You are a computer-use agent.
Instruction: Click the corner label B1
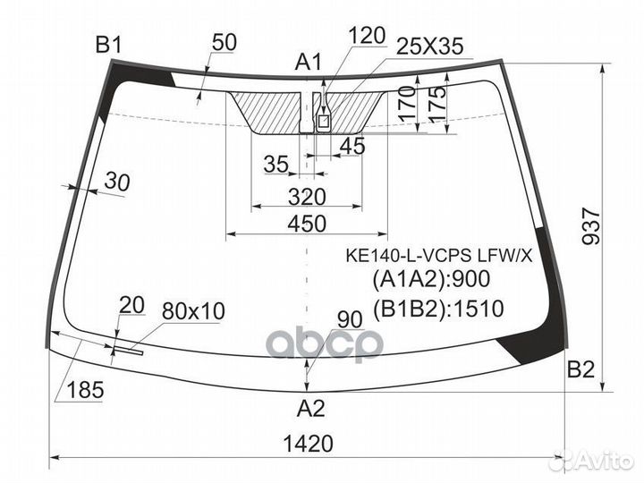point(108,45)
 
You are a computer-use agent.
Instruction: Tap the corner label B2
point(580,369)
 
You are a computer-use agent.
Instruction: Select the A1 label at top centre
point(309,63)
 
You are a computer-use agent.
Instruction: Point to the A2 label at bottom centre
point(311,408)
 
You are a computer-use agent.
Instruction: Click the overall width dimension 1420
point(308,444)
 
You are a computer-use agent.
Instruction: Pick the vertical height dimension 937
point(591,225)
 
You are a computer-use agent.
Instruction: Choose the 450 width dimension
point(307,224)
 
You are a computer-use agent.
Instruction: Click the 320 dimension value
point(307,197)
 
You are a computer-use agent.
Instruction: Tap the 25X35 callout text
point(429,46)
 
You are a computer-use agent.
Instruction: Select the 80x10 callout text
point(193,311)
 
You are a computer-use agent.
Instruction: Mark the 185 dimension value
point(85,389)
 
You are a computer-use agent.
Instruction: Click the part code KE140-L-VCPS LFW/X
point(438,257)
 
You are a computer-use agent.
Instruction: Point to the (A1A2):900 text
point(431,279)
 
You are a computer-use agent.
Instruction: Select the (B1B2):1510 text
point(437,309)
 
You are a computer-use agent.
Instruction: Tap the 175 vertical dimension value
point(437,104)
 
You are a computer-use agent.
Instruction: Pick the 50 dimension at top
point(225,42)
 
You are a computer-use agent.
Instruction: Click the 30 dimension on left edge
point(117,182)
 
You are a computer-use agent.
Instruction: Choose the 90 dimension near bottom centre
point(350,319)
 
